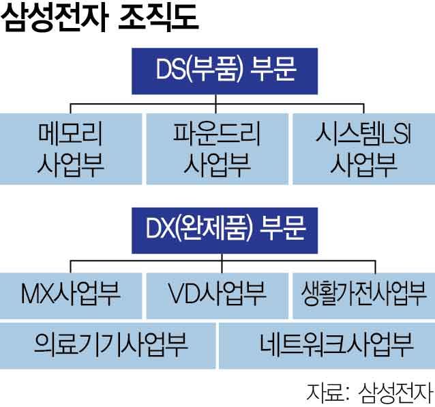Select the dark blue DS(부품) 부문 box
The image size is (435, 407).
pyautogui.click(x=216, y=70)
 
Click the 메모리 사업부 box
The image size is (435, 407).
pyautogui.click(x=71, y=148)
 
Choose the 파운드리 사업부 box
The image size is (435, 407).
pyautogui.click(x=216, y=148)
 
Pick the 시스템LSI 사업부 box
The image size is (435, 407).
pyautogui.click(x=363, y=148)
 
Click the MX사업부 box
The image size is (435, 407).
pyautogui.click(x=71, y=296)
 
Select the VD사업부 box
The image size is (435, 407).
pyautogui.click(x=216, y=296)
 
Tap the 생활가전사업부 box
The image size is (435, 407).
pyautogui.click(x=363, y=296)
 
